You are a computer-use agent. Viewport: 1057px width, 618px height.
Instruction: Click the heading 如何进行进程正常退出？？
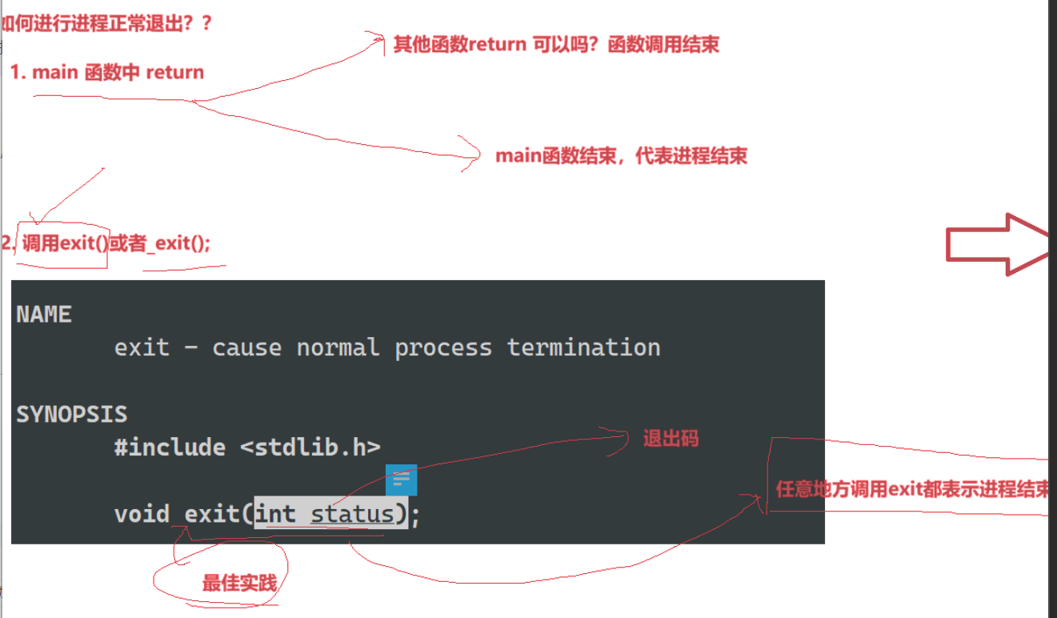pos(107,22)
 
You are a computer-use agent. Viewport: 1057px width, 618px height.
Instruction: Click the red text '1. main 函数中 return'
pos(107,72)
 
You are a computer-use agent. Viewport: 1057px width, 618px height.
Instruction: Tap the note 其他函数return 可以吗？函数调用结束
pos(556,44)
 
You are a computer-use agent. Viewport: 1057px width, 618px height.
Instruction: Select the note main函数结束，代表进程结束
pos(621,155)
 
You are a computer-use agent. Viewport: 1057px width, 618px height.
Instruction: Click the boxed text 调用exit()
pos(65,243)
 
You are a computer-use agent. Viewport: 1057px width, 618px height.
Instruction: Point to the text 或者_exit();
pos(160,243)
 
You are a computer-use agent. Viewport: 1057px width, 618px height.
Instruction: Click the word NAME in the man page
pos(44,315)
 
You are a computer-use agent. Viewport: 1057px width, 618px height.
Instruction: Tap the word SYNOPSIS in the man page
pos(71,415)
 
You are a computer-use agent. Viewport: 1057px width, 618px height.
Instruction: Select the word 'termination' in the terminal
pos(583,347)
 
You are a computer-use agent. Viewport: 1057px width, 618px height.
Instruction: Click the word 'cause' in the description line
pos(246,347)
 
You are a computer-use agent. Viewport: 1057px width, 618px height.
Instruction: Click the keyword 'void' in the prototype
pos(142,513)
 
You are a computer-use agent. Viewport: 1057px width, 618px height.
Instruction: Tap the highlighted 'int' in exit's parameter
pos(276,513)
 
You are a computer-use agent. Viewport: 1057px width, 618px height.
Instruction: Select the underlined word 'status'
pos(352,513)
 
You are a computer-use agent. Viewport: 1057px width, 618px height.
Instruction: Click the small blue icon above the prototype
pos(401,480)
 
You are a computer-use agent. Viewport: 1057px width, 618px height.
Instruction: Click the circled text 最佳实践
pos(239,583)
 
